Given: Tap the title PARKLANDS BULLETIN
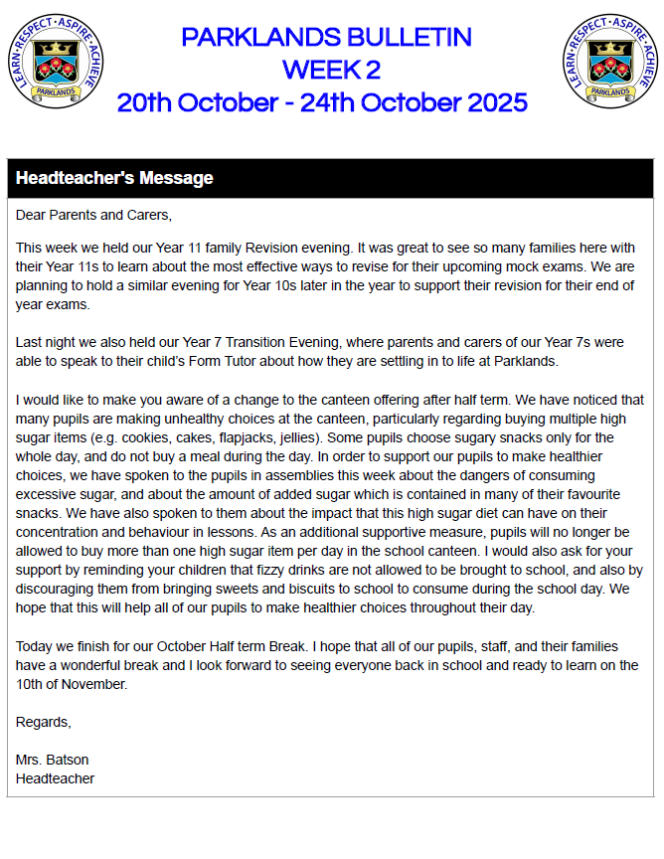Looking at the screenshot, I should tap(326, 38).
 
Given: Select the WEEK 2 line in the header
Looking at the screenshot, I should tap(331, 70).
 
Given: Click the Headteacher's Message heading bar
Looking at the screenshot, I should tap(114, 179).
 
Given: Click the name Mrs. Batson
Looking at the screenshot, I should tap(52, 760).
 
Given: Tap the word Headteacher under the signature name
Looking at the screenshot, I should tap(56, 778).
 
